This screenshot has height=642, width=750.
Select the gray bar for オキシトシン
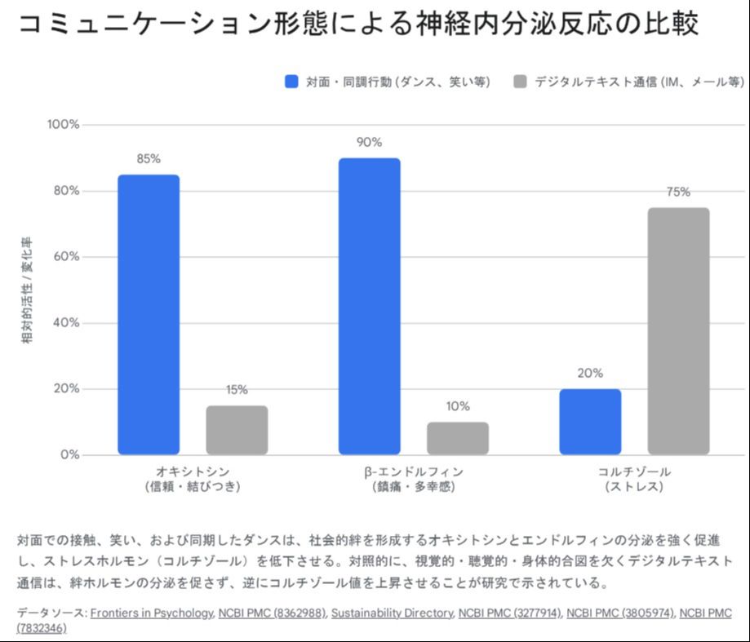[x=237, y=430]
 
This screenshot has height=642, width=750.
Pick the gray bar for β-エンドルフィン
[x=458, y=438]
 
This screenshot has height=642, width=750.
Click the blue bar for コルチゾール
[x=590, y=422]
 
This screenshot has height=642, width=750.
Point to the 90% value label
[x=369, y=142]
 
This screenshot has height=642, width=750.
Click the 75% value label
[x=678, y=192]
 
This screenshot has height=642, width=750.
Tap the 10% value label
[x=458, y=406]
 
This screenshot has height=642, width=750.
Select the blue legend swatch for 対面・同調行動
[x=291, y=82]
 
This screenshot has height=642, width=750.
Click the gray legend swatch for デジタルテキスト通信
[x=520, y=82]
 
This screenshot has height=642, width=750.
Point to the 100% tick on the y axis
[x=64, y=125]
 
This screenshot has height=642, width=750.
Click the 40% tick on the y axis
[x=66, y=323]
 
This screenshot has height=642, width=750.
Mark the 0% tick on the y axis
[x=69, y=454]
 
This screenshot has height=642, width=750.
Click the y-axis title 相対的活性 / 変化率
[x=27, y=290]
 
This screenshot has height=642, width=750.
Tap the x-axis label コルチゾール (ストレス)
[x=634, y=479]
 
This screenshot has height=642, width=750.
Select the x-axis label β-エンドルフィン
[x=414, y=472]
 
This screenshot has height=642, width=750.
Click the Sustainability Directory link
[x=391, y=613]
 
